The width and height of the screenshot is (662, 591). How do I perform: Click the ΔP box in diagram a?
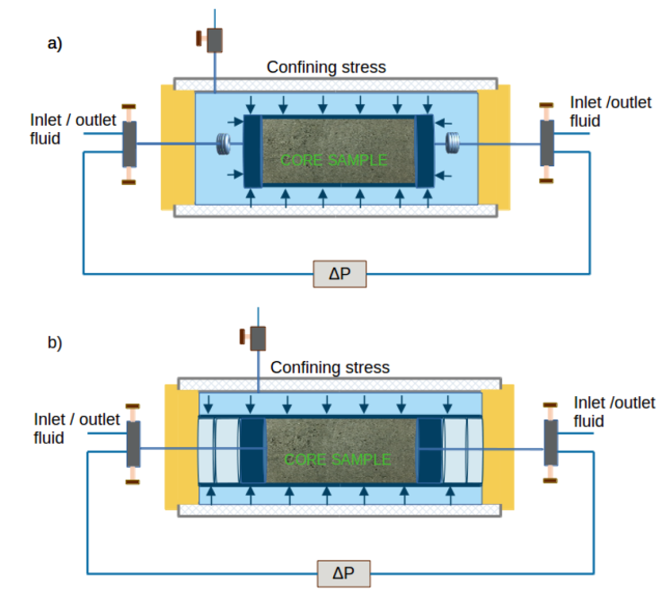(x=340, y=274)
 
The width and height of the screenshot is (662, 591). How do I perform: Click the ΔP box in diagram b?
(x=343, y=573)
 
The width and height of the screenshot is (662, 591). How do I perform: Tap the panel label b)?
(x=55, y=342)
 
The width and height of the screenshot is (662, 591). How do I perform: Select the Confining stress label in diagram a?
(x=326, y=66)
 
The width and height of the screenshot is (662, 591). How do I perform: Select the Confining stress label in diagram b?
(x=330, y=366)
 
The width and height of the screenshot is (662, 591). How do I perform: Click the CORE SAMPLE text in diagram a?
(x=333, y=160)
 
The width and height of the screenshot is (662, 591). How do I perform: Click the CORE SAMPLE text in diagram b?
(x=337, y=459)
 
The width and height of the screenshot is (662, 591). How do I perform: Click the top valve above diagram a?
(x=214, y=40)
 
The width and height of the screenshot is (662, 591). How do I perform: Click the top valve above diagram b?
(x=258, y=338)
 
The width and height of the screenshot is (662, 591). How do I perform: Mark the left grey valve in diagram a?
(x=129, y=144)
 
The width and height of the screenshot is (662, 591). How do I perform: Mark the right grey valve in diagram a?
(x=546, y=143)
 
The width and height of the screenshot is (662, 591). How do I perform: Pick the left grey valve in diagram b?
(x=133, y=445)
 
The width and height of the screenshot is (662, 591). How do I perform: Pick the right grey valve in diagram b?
(x=551, y=444)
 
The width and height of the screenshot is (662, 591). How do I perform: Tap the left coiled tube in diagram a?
(x=224, y=144)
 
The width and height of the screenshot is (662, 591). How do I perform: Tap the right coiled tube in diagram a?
(x=453, y=143)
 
